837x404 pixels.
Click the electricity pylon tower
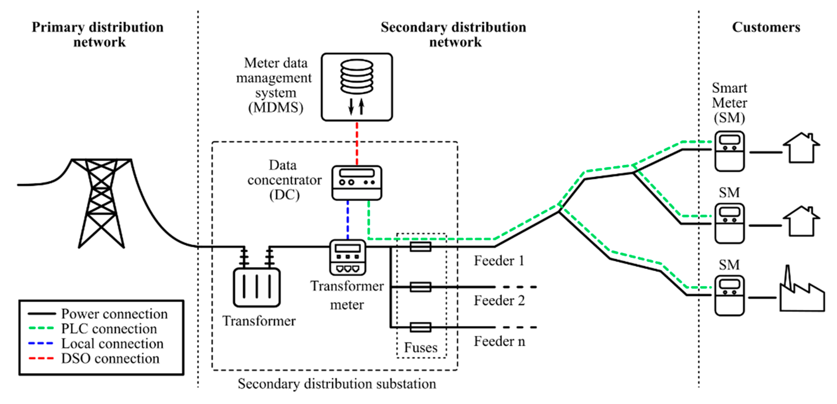pos(101,201)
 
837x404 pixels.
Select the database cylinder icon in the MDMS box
pos(357,77)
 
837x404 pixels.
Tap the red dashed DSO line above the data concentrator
pos(357,143)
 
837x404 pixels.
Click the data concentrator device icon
pos(357,183)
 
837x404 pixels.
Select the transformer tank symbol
pos(257,287)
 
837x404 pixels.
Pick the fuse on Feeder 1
pos(420,247)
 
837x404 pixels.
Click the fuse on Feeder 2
pos(420,287)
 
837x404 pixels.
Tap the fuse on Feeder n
pos(420,327)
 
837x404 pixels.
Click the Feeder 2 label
pos(499,301)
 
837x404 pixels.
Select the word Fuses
pos(421,348)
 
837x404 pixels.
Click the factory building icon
pos(802,294)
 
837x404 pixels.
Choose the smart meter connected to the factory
pos(729,295)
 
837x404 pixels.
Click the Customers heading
pos(766,27)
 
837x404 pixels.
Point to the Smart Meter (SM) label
pos(729,103)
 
